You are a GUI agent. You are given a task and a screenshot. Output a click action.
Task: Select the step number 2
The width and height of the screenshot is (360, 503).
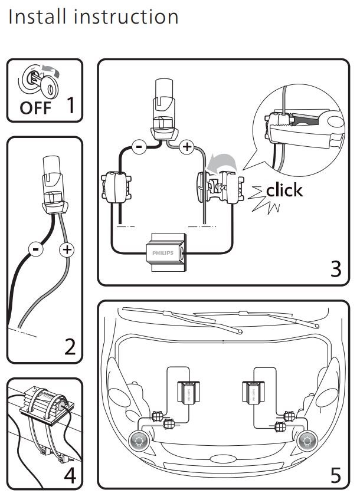70,347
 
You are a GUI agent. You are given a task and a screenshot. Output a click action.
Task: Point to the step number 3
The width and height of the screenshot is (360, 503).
335,268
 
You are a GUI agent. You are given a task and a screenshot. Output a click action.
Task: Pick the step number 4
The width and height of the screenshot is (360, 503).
70,475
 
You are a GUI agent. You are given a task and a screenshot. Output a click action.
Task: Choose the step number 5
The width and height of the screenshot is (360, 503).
335,475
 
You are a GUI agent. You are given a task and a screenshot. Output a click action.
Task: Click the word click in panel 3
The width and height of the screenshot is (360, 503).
284,190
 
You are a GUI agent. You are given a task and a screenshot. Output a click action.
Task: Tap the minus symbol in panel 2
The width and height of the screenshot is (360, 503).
35,249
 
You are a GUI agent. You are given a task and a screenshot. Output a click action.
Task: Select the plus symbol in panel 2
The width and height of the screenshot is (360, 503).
68,249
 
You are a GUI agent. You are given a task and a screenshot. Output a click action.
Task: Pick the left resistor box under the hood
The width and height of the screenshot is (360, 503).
189,392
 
